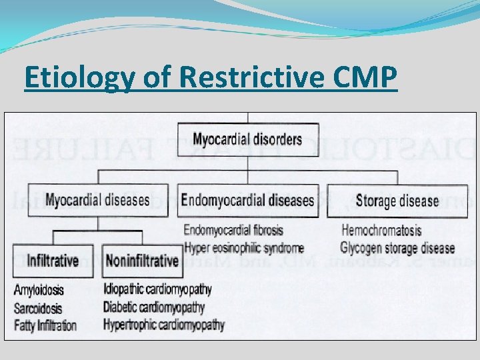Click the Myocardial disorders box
[247, 140]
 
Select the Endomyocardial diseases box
[247, 200]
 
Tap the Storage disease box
[397, 201]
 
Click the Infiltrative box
[53, 261]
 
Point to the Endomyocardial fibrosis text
[233, 231]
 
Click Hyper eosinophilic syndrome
[243, 248]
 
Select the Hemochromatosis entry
[381, 231]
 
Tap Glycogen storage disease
[397, 248]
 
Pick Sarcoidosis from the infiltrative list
[38, 309]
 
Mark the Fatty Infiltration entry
[45, 326]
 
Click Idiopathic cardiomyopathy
[157, 290]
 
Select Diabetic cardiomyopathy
[155, 307]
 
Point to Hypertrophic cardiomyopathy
[163, 325]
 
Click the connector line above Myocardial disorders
[248, 117]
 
